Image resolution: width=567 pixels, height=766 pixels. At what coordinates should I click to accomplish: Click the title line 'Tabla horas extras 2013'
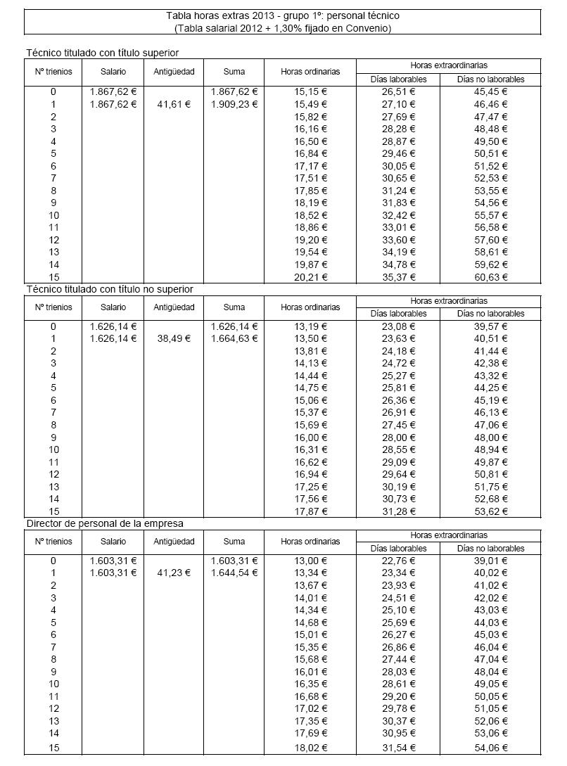283,15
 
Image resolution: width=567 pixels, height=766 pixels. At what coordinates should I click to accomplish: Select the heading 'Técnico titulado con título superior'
102,53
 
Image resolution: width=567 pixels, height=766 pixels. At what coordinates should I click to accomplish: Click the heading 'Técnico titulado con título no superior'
109,288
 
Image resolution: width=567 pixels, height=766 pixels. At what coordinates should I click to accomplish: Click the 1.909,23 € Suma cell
234,103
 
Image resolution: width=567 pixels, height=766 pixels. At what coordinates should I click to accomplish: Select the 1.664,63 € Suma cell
234,338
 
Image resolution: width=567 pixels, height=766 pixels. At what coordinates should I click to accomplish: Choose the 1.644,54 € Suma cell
234,573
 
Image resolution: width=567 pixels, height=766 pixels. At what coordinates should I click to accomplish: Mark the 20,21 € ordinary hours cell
310,277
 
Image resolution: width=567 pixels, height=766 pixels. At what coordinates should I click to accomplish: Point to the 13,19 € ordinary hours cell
310,326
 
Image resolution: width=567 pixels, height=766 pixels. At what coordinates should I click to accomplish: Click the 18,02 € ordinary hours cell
310,748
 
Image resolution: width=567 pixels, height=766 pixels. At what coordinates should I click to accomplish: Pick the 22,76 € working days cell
398,561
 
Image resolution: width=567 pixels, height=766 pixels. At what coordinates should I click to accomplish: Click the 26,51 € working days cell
398,91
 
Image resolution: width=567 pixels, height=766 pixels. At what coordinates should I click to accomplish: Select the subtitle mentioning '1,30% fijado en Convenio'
283,27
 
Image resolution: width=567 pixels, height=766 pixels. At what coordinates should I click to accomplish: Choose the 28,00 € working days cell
398,438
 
